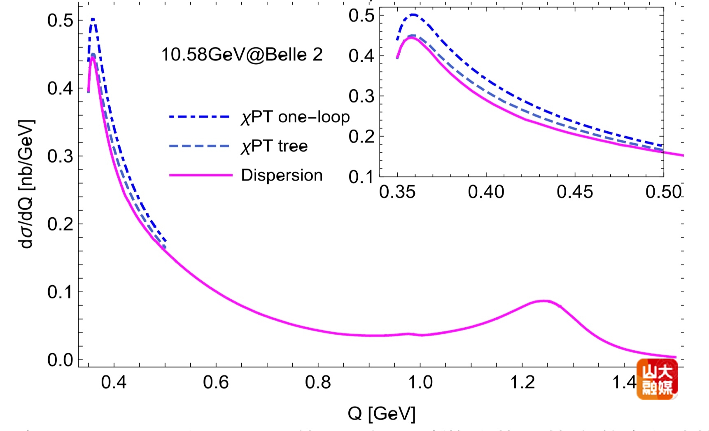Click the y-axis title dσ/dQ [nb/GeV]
pyautogui.click(x=27, y=184)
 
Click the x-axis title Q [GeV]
pyautogui.click(x=381, y=413)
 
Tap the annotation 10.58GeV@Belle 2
pyautogui.click(x=242, y=55)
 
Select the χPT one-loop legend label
pyautogui.click(x=295, y=117)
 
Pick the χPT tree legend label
pyautogui.click(x=274, y=146)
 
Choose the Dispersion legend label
pyautogui.click(x=282, y=175)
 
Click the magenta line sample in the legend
pyautogui.click(x=201, y=175)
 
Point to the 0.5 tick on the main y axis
pyautogui.click(x=60, y=20)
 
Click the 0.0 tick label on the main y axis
pyautogui.click(x=60, y=360)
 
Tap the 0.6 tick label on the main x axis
pyautogui.click(x=216, y=382)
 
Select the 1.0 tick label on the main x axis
pyautogui.click(x=420, y=382)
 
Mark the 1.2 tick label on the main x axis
pyautogui.click(x=522, y=382)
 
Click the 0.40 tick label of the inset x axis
pyautogui.click(x=486, y=192)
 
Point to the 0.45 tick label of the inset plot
pyautogui.click(x=575, y=192)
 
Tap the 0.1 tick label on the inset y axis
pyautogui.click(x=361, y=177)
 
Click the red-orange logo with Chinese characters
pyautogui.click(x=657, y=379)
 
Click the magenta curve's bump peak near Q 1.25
pyautogui.click(x=544, y=301)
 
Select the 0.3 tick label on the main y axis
pyautogui.click(x=60, y=156)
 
